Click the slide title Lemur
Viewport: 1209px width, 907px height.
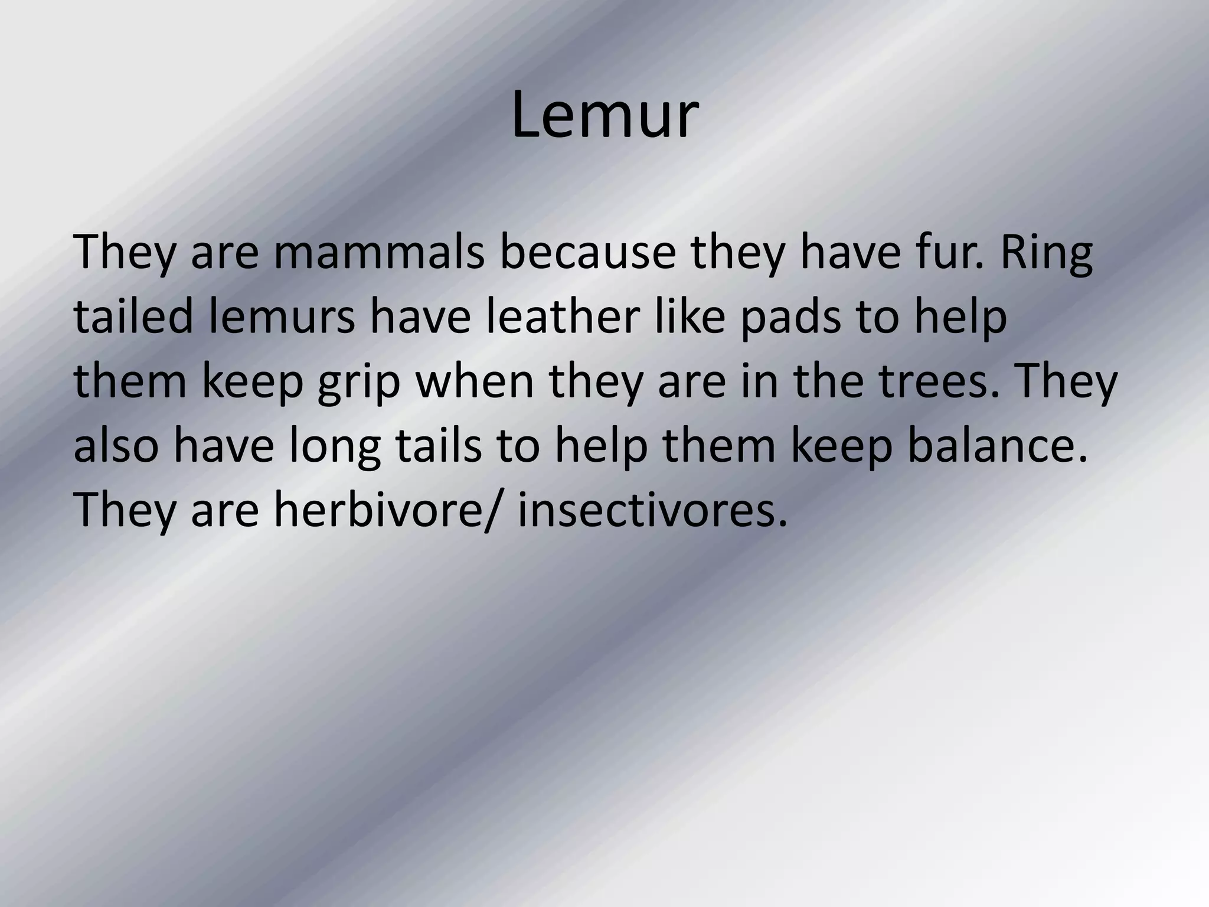[x=604, y=116]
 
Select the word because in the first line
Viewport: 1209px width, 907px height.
[x=588, y=253]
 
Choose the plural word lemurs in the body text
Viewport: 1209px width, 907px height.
[x=282, y=317]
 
